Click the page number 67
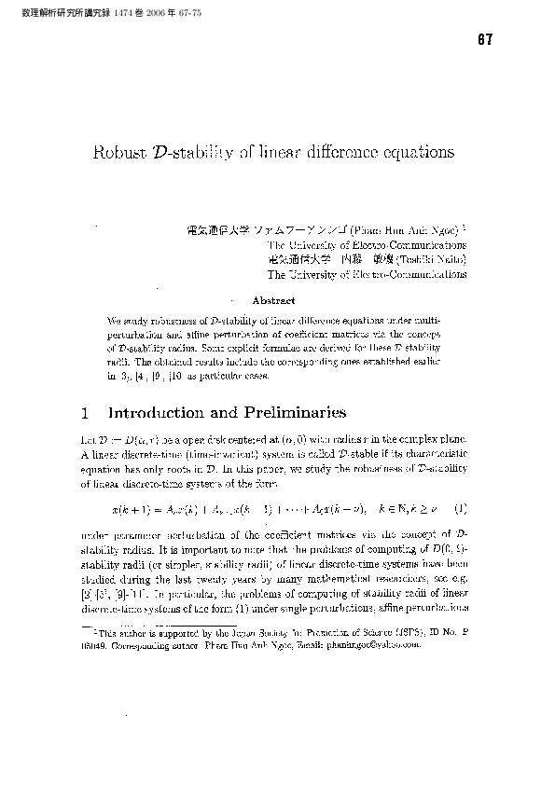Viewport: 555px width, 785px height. click(483, 40)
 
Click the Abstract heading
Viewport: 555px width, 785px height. click(274, 301)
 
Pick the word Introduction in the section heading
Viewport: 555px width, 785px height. click(161, 412)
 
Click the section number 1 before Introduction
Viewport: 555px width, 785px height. click(86, 412)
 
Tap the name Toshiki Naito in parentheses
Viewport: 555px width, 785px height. click(432, 260)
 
